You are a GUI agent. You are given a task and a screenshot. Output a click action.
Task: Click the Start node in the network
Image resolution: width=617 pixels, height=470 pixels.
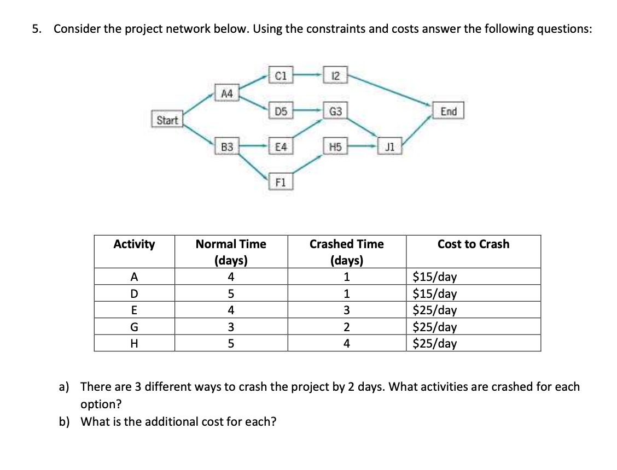(167, 120)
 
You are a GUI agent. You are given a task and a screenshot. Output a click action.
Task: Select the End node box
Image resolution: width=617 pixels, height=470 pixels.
(448, 111)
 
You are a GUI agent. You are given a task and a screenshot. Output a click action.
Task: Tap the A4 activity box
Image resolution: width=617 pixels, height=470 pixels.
(226, 93)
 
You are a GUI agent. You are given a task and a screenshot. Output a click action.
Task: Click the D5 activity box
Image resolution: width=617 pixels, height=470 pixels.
(281, 112)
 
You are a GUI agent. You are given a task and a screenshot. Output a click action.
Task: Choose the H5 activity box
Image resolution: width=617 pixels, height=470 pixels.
(334, 146)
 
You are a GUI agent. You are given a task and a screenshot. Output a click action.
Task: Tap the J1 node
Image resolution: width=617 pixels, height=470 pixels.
(389, 146)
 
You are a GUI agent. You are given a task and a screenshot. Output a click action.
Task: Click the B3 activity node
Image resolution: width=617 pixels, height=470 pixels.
(226, 146)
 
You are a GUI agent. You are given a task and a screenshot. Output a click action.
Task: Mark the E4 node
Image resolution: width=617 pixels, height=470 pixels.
(281, 146)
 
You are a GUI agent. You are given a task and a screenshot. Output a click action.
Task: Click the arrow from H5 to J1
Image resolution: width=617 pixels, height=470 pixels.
(362, 146)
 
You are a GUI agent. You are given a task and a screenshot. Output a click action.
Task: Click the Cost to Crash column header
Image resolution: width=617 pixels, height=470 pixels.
(473, 244)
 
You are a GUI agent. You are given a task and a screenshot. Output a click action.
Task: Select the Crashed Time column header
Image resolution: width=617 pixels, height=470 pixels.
(346, 251)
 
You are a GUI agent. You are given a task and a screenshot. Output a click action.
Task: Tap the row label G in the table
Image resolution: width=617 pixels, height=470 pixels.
(133, 327)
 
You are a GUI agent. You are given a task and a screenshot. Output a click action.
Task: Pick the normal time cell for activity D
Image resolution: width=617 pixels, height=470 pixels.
(231, 293)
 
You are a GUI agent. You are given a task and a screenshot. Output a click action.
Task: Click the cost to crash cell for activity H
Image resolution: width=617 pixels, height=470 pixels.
(435, 344)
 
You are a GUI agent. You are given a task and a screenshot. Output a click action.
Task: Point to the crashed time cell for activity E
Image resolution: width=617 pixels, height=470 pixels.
(346, 310)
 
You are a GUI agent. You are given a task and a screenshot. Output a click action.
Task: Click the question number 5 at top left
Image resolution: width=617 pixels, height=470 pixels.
(36, 29)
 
